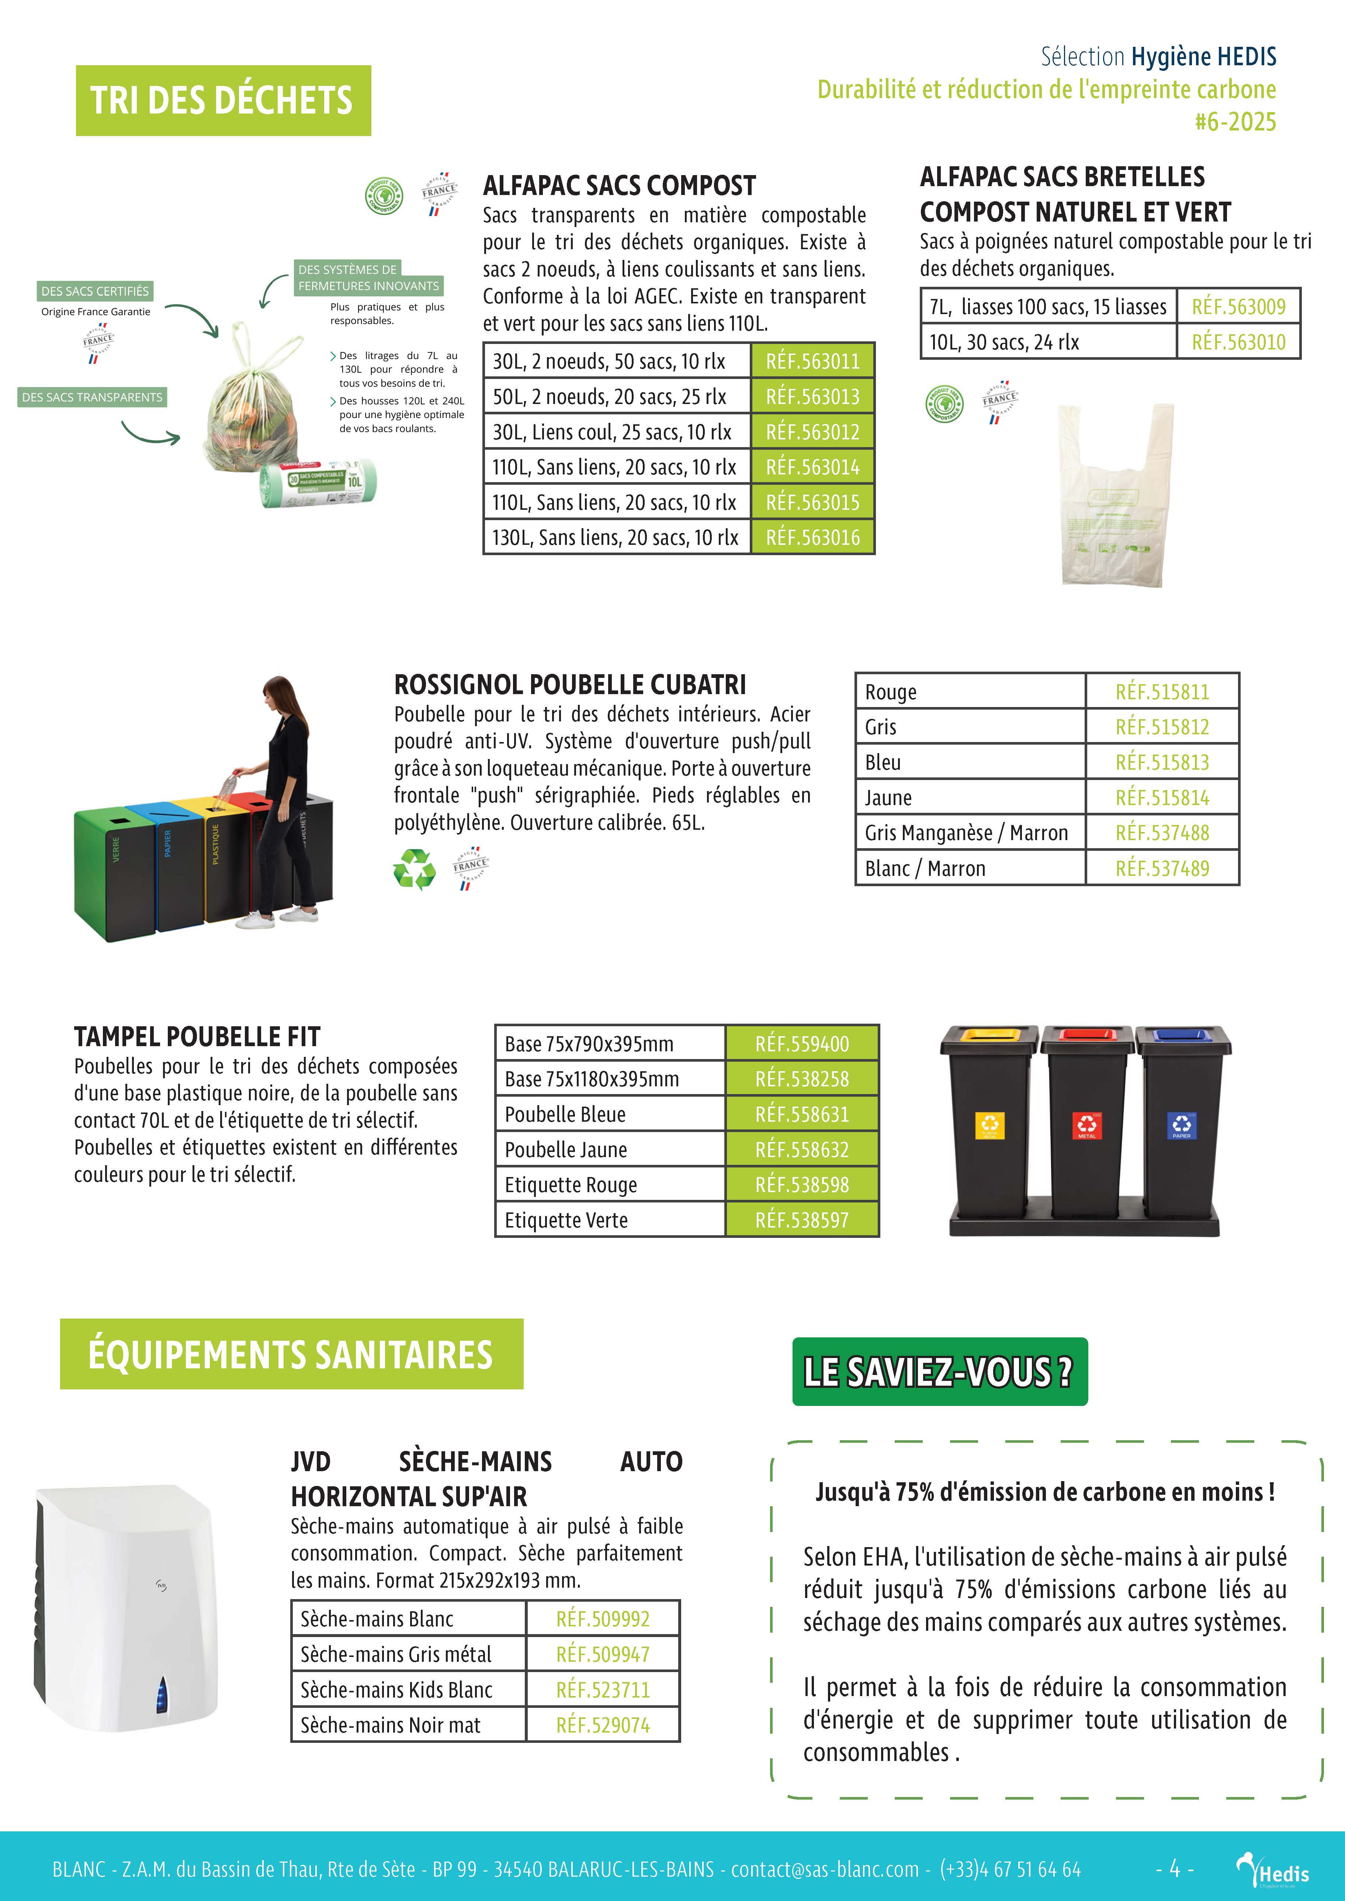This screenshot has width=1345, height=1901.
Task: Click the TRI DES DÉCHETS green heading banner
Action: tap(223, 100)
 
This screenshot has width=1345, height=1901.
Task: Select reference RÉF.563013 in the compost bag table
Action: tap(812, 397)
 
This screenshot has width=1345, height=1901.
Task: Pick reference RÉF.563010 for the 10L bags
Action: tap(1238, 342)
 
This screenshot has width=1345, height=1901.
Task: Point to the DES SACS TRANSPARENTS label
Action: tap(92, 397)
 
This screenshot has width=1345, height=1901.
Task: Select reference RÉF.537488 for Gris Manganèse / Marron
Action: tap(1162, 833)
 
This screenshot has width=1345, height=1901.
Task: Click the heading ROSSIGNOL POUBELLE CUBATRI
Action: tap(570, 685)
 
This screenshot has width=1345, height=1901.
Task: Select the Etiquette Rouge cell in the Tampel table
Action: tap(571, 1185)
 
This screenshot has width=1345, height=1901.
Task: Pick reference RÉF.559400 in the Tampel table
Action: tap(802, 1044)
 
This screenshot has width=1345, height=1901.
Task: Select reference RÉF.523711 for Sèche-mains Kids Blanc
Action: tap(603, 1690)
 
